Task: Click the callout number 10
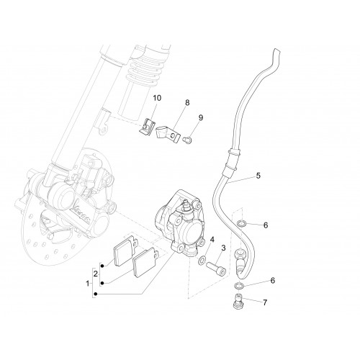click(x=157, y=98)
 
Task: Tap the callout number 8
click(x=187, y=102)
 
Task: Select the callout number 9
click(x=201, y=117)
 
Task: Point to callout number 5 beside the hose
click(x=258, y=176)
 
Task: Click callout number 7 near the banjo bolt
click(x=265, y=302)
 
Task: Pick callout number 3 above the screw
click(x=223, y=248)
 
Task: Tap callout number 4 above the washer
click(x=212, y=239)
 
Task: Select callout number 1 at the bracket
click(x=88, y=284)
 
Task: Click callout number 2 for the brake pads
click(x=96, y=274)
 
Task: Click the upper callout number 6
click(x=266, y=225)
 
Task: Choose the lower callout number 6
click(x=273, y=280)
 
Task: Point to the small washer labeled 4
click(x=202, y=260)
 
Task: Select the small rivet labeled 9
click(x=186, y=140)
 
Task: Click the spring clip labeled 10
click(x=147, y=127)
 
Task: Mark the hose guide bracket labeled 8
click(x=168, y=134)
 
